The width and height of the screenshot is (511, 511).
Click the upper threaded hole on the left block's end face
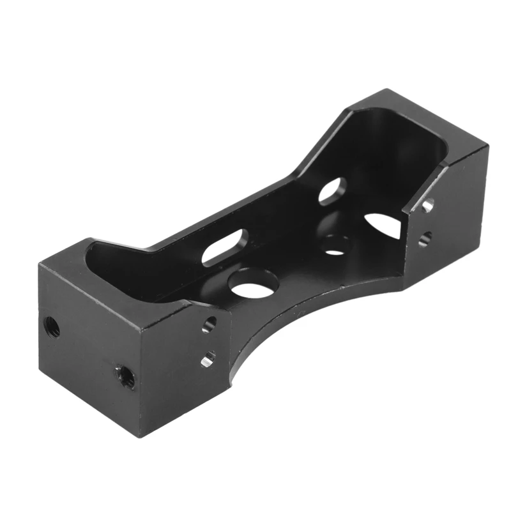pyautogui.click(x=52, y=328)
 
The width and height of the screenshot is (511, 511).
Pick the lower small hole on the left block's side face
pyautogui.click(x=208, y=361)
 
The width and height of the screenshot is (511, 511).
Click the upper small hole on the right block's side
pyautogui.click(x=427, y=206)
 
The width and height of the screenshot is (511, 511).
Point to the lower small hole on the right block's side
pyautogui.click(x=424, y=238)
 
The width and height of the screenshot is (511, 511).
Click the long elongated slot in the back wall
pyautogui.click(x=225, y=247)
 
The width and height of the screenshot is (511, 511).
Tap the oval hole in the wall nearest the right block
pyautogui.click(x=332, y=191)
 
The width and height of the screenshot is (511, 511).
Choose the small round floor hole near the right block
pyautogui.click(x=336, y=245)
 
